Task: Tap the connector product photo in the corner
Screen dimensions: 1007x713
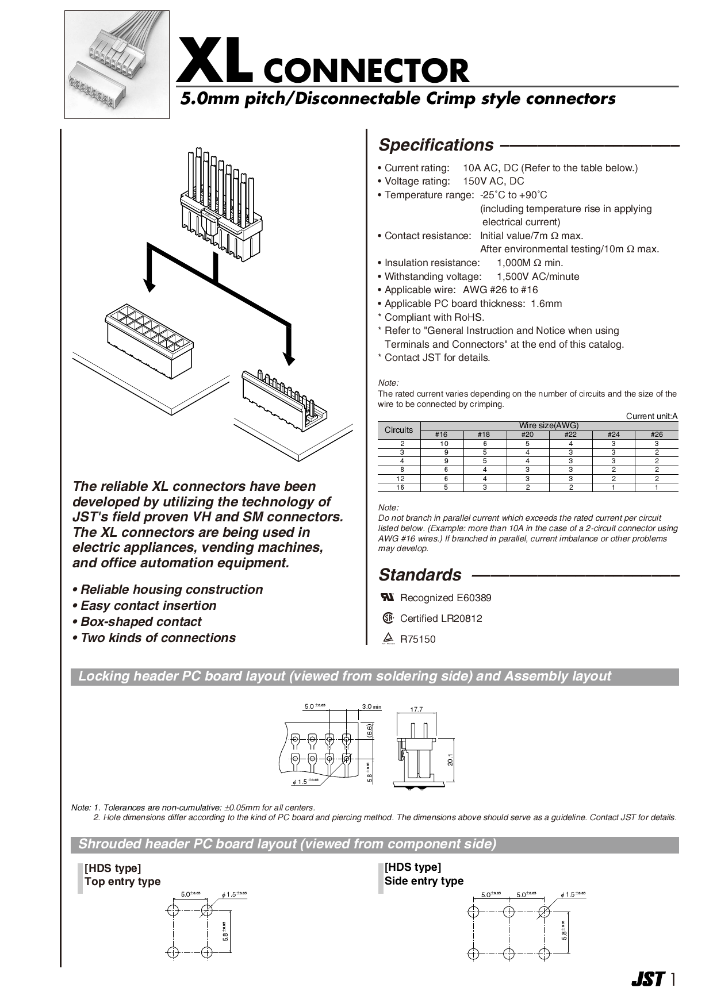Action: [117, 64]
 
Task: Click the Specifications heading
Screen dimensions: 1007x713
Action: [436, 145]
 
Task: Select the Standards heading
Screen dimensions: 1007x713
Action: [420, 575]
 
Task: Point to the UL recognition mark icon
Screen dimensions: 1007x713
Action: [388, 597]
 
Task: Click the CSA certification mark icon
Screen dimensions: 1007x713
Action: [388, 618]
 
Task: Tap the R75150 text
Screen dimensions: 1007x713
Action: [417, 639]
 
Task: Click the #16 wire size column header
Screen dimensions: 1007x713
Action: [441, 435]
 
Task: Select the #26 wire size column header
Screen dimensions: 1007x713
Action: [657, 435]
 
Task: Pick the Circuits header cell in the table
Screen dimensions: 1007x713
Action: [398, 430]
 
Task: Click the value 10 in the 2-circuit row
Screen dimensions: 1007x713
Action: [444, 444]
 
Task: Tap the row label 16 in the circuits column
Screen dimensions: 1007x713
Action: [400, 487]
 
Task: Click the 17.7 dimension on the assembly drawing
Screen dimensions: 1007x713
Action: [416, 709]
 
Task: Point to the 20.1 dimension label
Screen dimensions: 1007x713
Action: [450, 759]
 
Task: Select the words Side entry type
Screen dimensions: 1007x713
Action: [424, 881]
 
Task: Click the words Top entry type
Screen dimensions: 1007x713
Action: [122, 882]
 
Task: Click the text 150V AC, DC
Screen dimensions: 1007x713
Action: [493, 182]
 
